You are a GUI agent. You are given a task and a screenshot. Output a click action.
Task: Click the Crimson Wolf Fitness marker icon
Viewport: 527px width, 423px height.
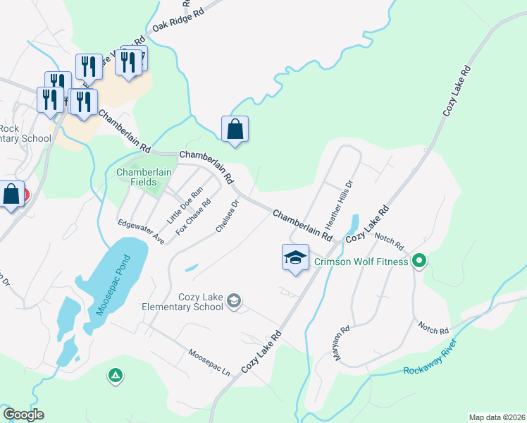[x=419, y=262]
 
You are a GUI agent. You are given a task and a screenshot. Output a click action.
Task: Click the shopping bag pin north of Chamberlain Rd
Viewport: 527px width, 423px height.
[x=235, y=129]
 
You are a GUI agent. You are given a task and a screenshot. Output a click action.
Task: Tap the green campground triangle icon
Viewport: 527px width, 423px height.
[x=115, y=375]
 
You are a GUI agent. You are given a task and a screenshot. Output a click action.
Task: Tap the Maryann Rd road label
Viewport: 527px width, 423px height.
[x=342, y=343]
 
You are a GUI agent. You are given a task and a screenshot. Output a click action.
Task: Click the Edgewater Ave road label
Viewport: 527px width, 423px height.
[x=141, y=232]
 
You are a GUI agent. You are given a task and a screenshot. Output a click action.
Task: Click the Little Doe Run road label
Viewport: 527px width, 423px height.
[x=185, y=205]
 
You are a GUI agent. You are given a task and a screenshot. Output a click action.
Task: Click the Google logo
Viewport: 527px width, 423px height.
[x=23, y=415]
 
